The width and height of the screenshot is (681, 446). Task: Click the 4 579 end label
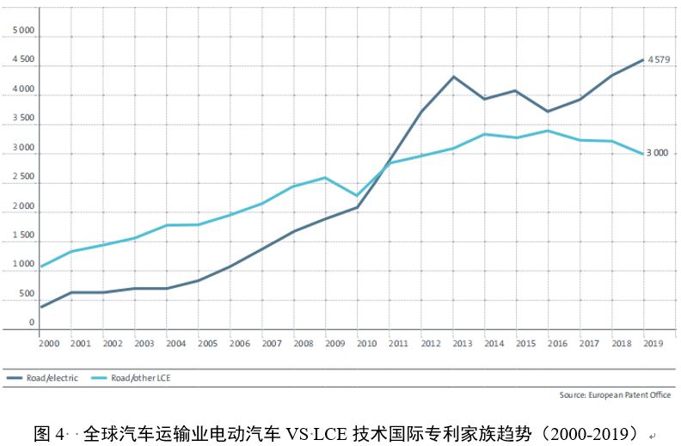click(x=659, y=59)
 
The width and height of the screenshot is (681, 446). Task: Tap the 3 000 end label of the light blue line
click(x=657, y=153)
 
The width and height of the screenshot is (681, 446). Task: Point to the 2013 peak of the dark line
click(x=452, y=76)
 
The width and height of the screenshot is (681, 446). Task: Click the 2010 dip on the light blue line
click(x=357, y=195)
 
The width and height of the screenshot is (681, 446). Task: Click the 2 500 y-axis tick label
click(x=23, y=177)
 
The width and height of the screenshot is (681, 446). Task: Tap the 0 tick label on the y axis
click(x=32, y=322)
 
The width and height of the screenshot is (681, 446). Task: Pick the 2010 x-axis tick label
click(x=367, y=343)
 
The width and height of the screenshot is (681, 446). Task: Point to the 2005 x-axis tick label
click(x=207, y=343)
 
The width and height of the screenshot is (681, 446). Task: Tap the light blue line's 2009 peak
click(x=325, y=178)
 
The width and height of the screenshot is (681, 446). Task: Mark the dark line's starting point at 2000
click(x=41, y=307)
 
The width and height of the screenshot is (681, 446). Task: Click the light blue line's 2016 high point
click(x=548, y=131)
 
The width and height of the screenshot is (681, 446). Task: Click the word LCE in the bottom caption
click(x=328, y=433)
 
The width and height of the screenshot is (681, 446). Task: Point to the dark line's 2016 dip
click(x=548, y=111)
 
